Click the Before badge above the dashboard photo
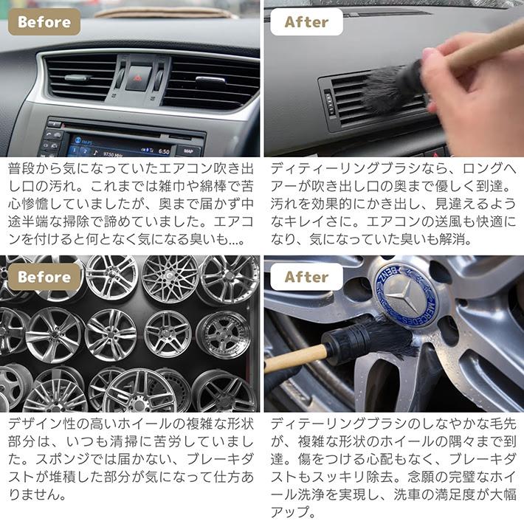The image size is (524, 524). point(44,22)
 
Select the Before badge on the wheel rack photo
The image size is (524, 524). point(44,277)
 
